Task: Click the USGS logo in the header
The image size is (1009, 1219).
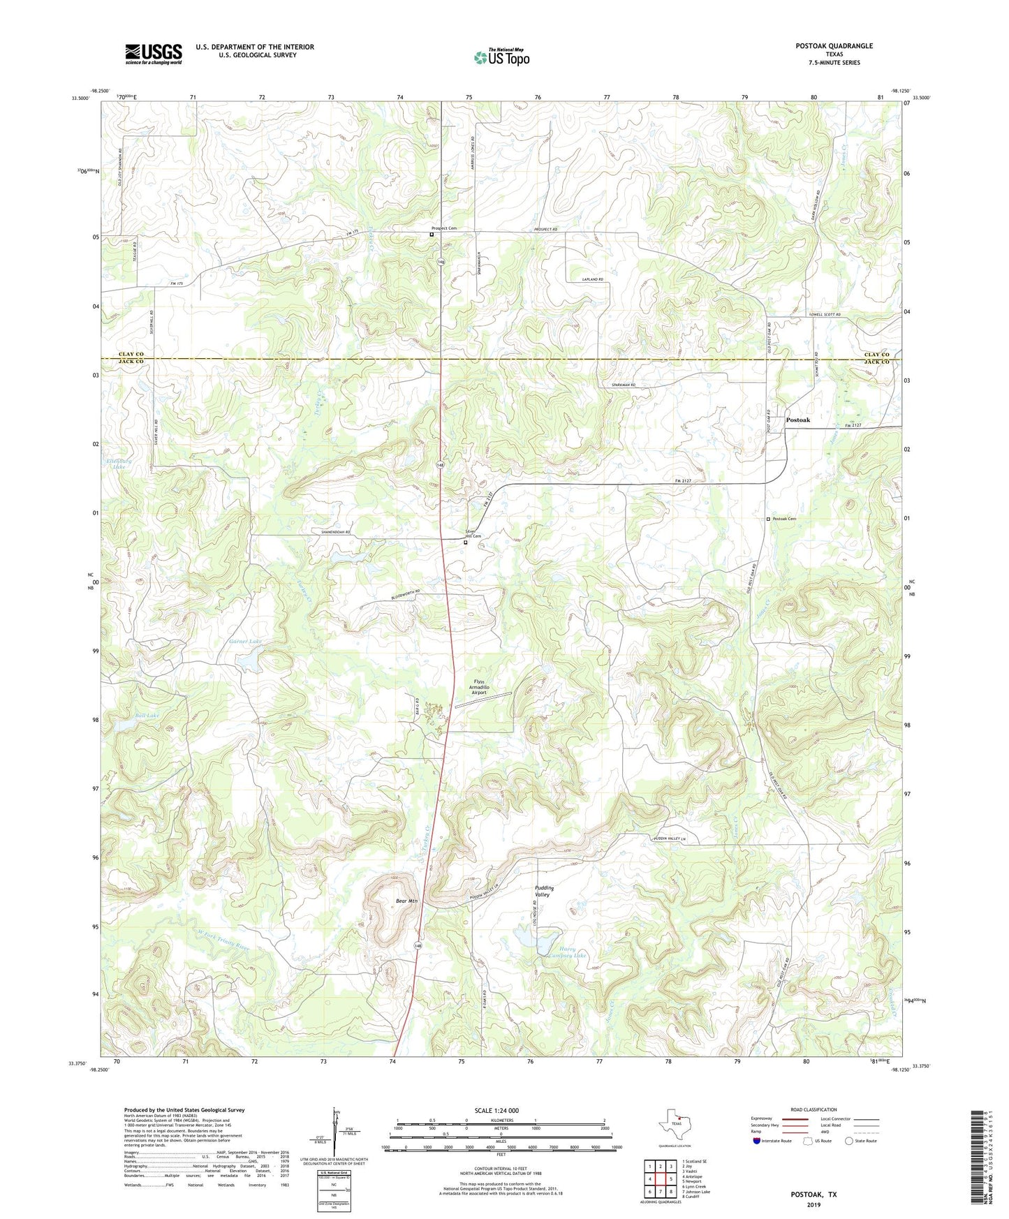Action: click(x=154, y=54)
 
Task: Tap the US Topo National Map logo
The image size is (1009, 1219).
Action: click(x=501, y=57)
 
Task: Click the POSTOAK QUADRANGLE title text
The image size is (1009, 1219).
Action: click(x=834, y=46)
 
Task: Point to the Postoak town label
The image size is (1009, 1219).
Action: click(x=798, y=420)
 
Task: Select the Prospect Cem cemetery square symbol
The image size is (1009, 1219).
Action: click(x=432, y=235)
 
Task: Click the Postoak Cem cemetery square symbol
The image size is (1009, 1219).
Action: click(x=768, y=519)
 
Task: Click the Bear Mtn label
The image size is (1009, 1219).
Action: click(x=406, y=901)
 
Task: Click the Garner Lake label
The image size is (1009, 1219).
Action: click(x=245, y=641)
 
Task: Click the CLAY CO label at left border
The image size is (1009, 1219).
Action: click(x=130, y=355)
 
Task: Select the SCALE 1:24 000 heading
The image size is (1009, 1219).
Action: click(x=496, y=1110)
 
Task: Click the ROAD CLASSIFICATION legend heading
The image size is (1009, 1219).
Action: click(x=813, y=1109)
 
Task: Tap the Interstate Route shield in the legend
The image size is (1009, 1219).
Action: click(x=758, y=1142)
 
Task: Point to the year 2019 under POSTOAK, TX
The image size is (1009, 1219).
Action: click(x=813, y=1204)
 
